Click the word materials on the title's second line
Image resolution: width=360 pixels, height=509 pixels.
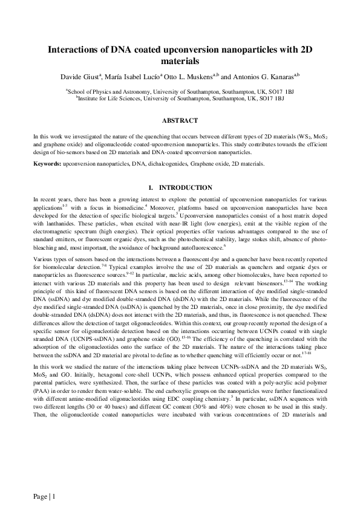pyautogui.click(x=180, y=61)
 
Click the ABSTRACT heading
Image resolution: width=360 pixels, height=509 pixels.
pyautogui.click(x=180, y=121)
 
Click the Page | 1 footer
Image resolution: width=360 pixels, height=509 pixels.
pyautogui.click(x=44, y=497)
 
